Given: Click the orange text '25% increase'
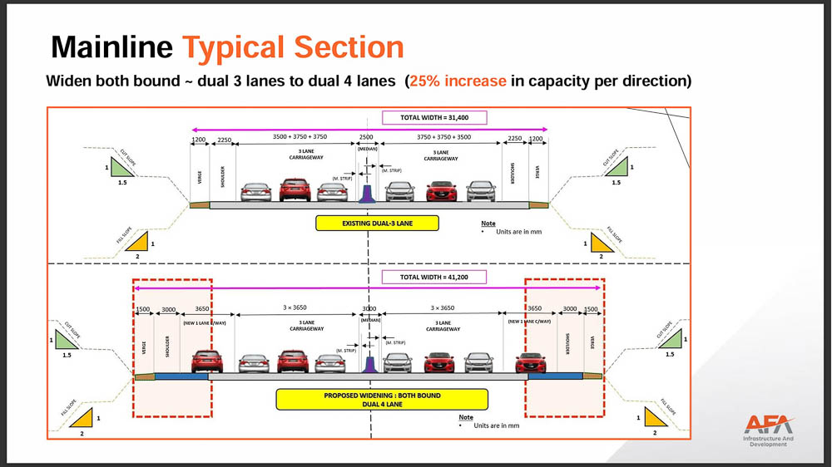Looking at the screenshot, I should (458, 81).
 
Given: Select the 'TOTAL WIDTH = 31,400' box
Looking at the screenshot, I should (433, 118).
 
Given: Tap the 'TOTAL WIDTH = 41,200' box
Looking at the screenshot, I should (433, 277).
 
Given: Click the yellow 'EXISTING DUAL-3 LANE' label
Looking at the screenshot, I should (377, 223).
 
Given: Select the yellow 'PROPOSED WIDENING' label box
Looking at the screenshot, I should (382, 400).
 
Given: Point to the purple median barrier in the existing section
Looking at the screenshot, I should (366, 190).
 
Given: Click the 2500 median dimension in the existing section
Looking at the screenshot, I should (366, 137).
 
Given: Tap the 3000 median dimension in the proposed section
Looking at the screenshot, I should (369, 308).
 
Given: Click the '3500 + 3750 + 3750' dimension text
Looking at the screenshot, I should (300, 136).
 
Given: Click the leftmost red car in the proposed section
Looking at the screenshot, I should (206, 361).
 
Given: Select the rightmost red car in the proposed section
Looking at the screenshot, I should (531, 362).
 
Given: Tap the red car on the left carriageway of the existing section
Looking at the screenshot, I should (295, 190).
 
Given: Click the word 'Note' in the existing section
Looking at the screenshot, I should (488, 224).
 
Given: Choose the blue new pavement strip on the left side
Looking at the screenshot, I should (181, 376).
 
